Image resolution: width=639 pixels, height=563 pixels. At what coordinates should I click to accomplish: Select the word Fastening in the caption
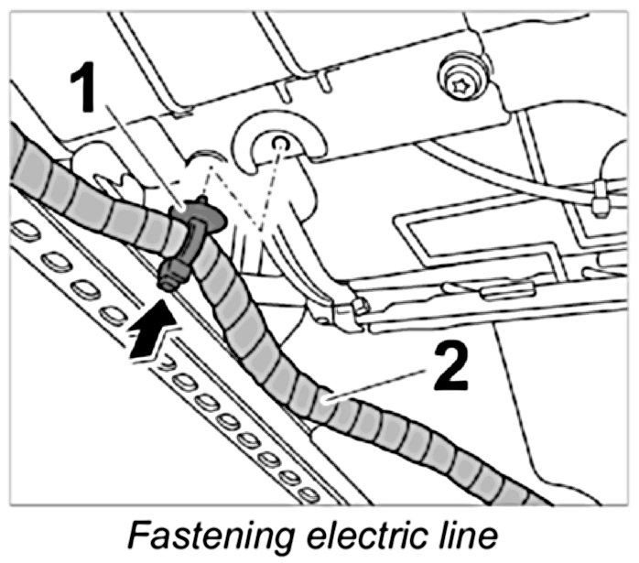[206, 536]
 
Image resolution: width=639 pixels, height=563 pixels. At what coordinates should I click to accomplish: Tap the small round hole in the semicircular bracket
[280, 143]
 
